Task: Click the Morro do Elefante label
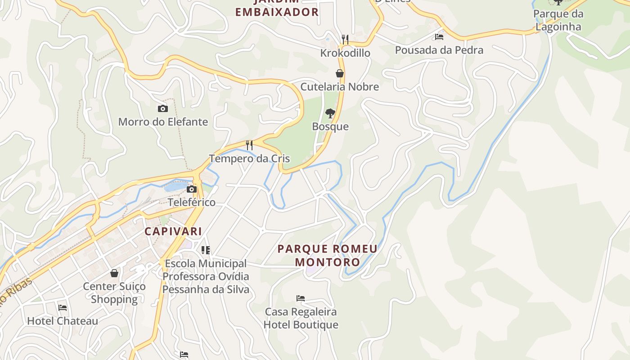click(x=163, y=121)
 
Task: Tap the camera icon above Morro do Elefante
click(x=163, y=108)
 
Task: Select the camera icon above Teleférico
click(x=192, y=189)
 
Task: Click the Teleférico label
click(x=192, y=202)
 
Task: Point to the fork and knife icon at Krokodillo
click(x=345, y=40)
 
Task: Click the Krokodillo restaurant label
click(x=345, y=53)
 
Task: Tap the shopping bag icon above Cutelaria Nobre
click(x=340, y=73)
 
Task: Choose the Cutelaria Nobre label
click(x=340, y=86)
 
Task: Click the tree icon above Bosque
click(x=330, y=113)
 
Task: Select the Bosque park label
click(x=330, y=126)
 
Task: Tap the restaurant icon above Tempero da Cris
click(x=249, y=145)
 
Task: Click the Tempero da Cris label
click(x=249, y=158)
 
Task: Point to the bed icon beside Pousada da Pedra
click(x=439, y=37)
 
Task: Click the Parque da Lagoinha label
click(x=558, y=20)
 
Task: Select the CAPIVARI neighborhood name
click(x=173, y=231)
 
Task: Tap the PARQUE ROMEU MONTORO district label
click(x=328, y=255)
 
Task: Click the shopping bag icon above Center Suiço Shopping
click(x=114, y=273)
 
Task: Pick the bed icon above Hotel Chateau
click(x=63, y=308)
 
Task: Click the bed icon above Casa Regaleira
click(x=301, y=298)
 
